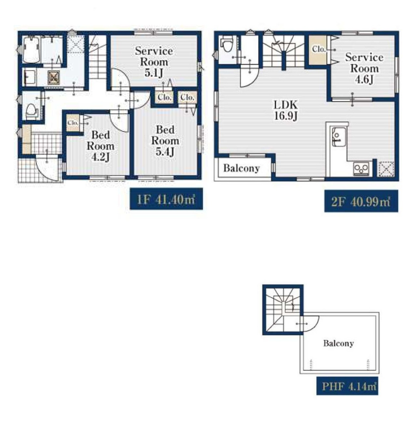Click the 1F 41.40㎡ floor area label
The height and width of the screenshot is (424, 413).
tap(166, 199)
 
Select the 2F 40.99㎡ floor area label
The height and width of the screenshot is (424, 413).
tap(361, 201)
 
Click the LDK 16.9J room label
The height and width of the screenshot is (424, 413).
tap(286, 110)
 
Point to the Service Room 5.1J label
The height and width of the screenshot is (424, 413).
tap(154, 62)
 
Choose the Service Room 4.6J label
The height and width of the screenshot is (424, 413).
tap(364, 69)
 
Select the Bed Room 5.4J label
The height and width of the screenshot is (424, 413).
tap(165, 141)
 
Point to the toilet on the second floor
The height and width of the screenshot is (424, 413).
tap(227, 44)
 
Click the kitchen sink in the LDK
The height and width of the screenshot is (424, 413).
tap(339, 137)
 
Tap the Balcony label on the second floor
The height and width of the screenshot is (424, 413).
tap(242, 168)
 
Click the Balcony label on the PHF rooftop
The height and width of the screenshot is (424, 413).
tap(338, 344)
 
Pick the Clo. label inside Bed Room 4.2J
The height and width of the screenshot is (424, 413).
tap(73, 123)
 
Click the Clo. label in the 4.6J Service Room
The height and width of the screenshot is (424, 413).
tap(319, 49)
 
